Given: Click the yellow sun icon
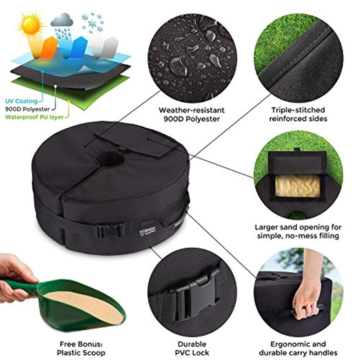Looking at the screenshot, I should tap(31, 24).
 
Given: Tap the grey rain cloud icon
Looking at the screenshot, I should tap(62, 20).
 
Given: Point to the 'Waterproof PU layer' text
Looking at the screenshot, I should tap(34, 117).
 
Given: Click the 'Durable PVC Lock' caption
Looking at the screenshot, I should tap(192, 348).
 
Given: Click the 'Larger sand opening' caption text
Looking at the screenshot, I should tap(298, 231).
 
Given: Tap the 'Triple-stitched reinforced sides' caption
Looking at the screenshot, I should tap(298, 114).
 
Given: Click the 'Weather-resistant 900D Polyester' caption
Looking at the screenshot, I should tap(192, 115).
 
